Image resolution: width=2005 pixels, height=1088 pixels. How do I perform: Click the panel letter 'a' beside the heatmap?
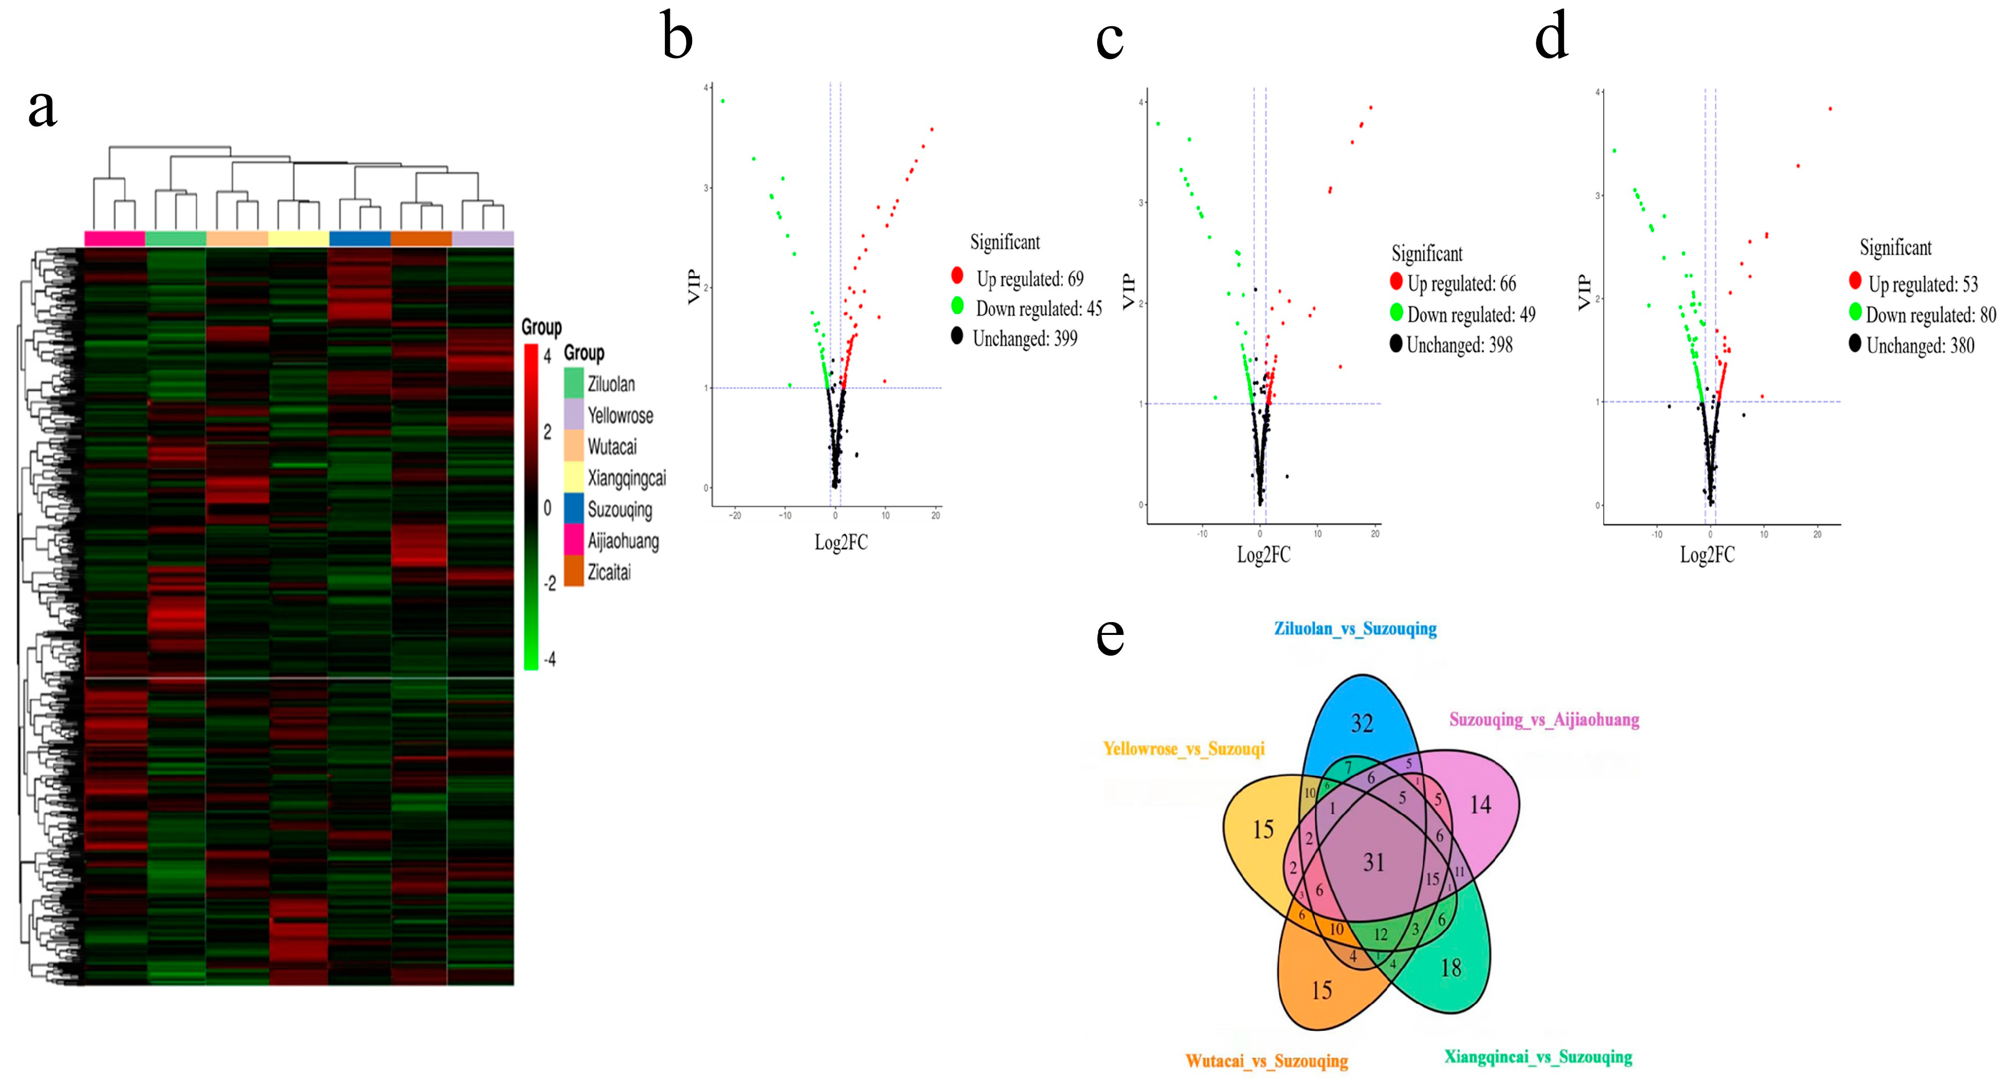tap(42, 110)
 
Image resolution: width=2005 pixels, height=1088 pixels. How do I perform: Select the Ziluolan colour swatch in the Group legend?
tap(573, 383)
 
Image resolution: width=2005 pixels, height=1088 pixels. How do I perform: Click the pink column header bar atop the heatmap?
tap(114, 238)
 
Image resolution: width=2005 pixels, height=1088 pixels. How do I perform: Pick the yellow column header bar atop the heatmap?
tap(299, 238)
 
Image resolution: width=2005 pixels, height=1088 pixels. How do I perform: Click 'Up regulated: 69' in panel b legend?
tap(1029, 279)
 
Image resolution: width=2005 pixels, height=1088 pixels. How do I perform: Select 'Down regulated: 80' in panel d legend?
tap(1930, 315)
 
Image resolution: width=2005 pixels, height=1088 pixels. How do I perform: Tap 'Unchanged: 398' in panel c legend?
tap(1459, 345)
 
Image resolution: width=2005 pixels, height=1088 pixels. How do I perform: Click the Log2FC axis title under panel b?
tap(840, 542)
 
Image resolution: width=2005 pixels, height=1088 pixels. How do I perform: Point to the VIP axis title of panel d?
tap(1583, 292)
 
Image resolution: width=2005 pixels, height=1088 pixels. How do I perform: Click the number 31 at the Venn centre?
tap(1374, 862)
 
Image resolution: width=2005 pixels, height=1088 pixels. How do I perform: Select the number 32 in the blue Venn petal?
tap(1361, 723)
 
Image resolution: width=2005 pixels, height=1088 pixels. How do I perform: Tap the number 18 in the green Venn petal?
tap(1450, 968)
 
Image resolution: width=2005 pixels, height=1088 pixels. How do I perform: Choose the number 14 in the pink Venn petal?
tap(1480, 804)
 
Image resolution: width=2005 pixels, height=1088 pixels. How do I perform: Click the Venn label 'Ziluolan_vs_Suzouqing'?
tap(1355, 629)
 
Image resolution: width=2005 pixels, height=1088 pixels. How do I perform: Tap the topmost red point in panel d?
tap(1830, 109)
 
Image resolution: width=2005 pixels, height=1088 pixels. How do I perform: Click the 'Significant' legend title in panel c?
tap(1427, 254)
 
